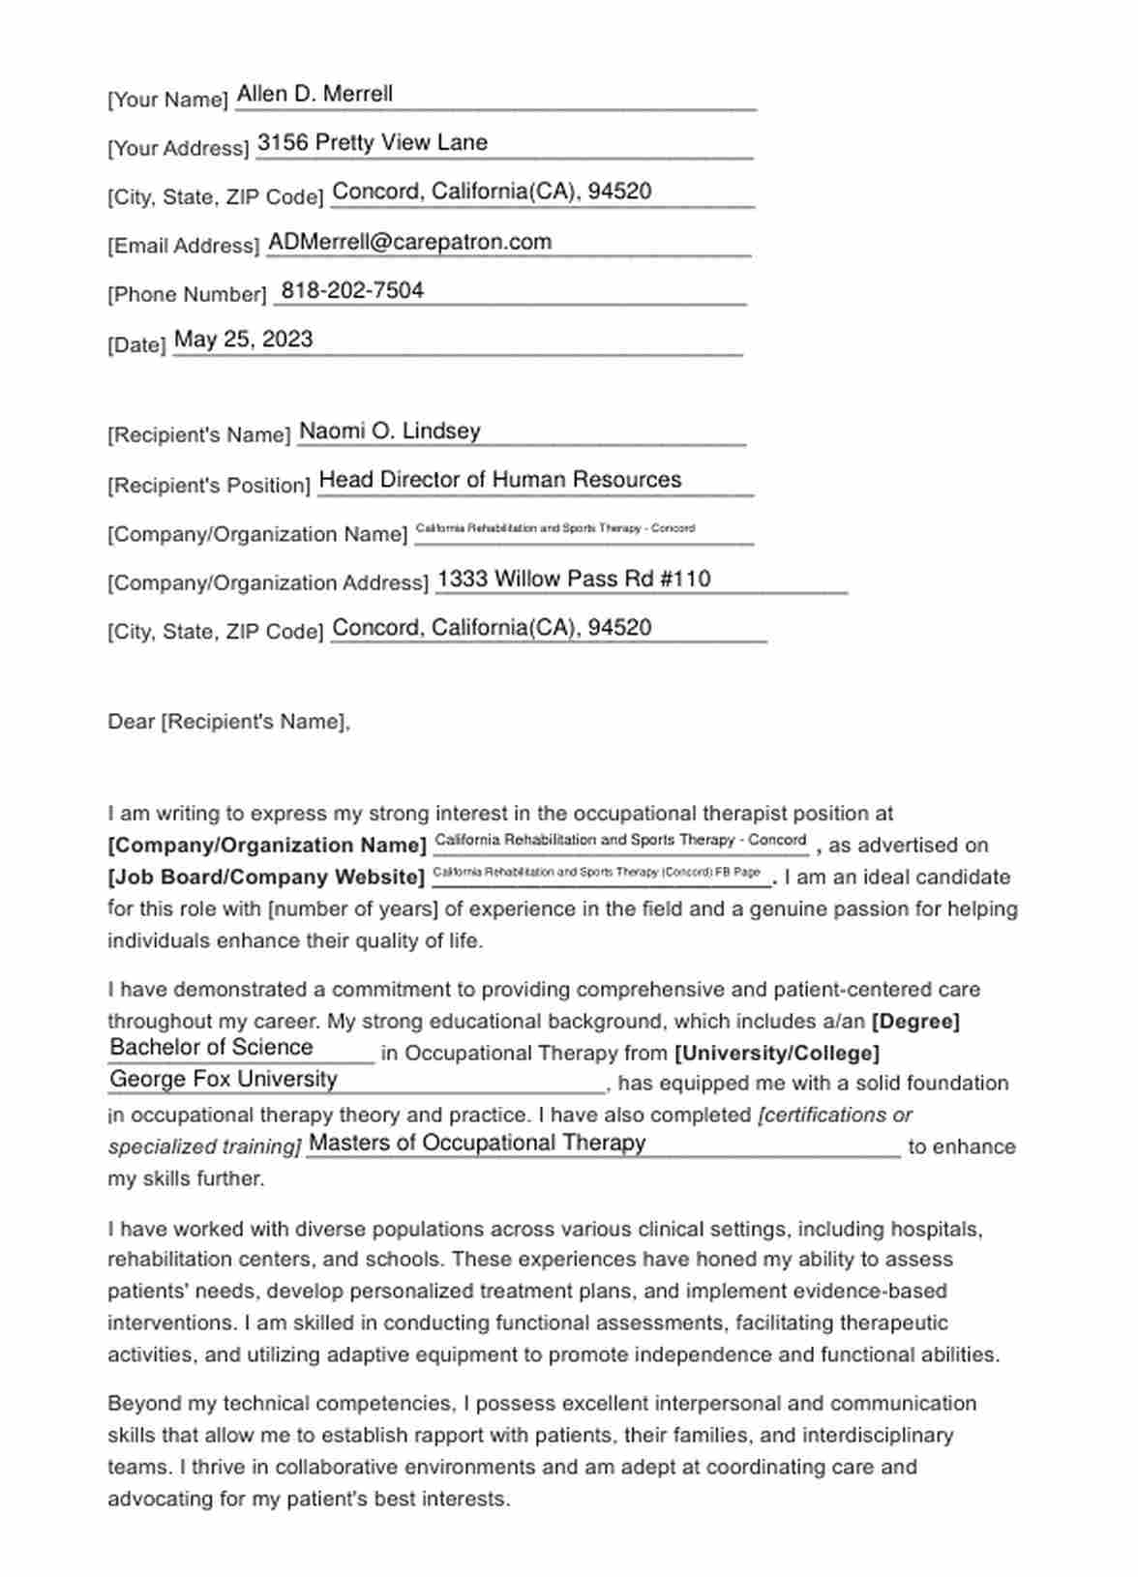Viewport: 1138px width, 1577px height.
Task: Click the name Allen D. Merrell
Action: click(x=314, y=94)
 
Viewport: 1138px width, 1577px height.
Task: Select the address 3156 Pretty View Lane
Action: click(x=373, y=142)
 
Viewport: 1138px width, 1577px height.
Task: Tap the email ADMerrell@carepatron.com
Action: click(x=409, y=242)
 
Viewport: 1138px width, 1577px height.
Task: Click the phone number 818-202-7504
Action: click(x=352, y=290)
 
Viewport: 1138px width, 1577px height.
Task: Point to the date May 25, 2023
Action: click(x=244, y=339)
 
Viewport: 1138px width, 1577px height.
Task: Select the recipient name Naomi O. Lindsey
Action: click(x=390, y=431)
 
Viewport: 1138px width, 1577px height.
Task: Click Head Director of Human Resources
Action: click(x=500, y=480)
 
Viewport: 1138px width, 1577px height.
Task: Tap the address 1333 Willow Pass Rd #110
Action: click(x=574, y=579)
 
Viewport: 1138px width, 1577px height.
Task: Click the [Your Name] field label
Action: click(x=167, y=100)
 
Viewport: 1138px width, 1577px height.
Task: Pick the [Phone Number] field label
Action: click(x=187, y=294)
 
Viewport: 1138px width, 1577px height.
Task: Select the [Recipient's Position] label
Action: click(x=209, y=485)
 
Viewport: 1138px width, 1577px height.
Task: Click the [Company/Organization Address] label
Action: click(x=268, y=582)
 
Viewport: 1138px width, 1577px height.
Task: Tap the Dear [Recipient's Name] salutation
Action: click(x=228, y=722)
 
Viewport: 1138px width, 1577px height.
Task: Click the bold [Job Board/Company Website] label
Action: click(x=266, y=878)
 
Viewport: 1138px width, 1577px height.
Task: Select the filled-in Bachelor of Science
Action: click(x=212, y=1047)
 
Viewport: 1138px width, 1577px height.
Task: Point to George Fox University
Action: click(x=224, y=1079)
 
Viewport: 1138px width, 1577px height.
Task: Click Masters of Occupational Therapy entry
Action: click(x=477, y=1143)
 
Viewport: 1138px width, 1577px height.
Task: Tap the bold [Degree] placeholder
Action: click(x=915, y=1022)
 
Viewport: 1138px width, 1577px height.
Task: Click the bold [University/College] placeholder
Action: click(x=776, y=1053)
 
